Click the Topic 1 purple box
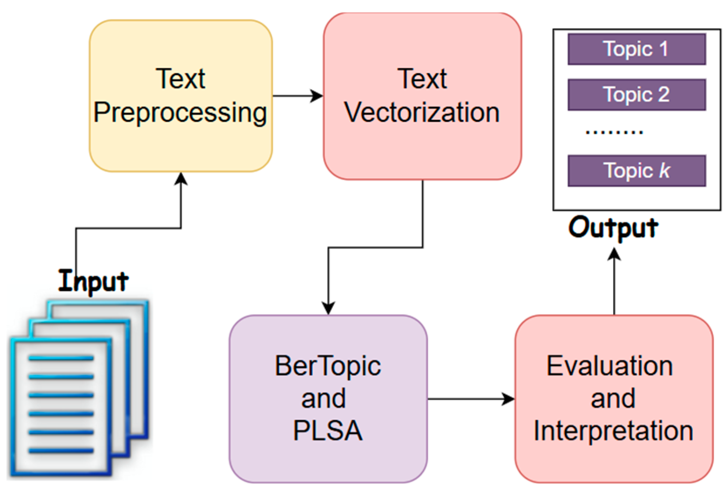click(x=636, y=49)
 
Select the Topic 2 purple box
click(x=636, y=94)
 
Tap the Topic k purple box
click(x=636, y=171)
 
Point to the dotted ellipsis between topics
click(x=614, y=131)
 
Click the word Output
click(x=613, y=228)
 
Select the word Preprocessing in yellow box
click(x=180, y=112)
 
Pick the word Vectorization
click(x=422, y=112)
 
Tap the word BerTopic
click(x=328, y=366)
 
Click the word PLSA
click(x=328, y=431)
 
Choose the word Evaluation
click(x=609, y=366)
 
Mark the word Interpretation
click(x=613, y=431)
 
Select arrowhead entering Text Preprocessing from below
click(x=181, y=178)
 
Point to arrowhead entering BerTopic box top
click(x=328, y=308)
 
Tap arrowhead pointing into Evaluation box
click(x=509, y=399)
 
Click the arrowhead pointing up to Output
click(x=614, y=255)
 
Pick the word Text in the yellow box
click(x=180, y=79)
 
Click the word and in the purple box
click(x=323, y=399)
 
